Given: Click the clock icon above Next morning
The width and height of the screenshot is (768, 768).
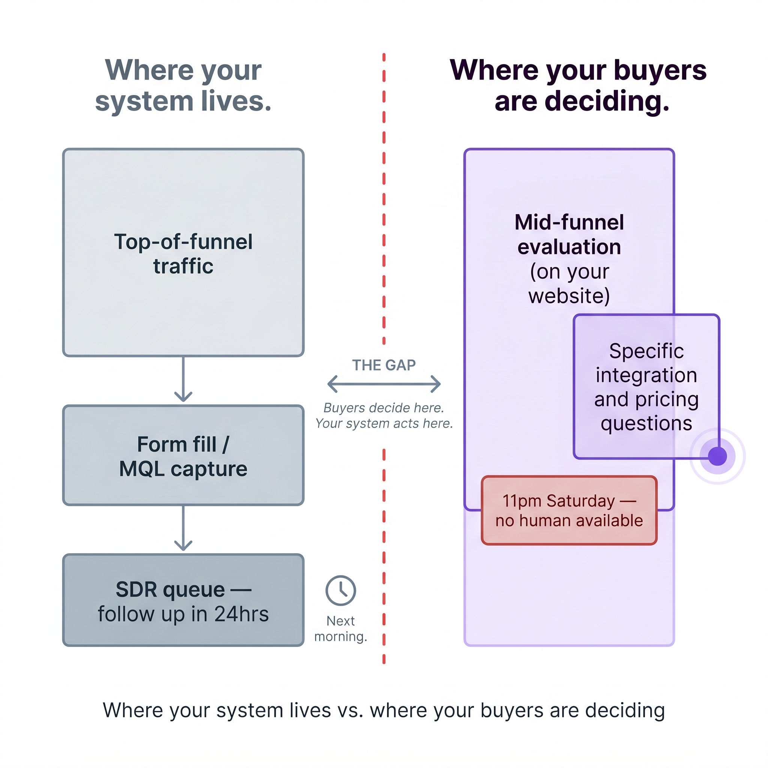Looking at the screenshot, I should (340, 590).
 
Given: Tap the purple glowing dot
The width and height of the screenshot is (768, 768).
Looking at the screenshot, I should (717, 456).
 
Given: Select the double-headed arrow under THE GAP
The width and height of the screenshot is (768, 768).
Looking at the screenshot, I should (384, 384).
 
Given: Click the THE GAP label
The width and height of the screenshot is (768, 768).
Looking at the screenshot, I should (384, 365).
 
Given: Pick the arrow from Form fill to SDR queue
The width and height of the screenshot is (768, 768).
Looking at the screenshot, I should (183, 528).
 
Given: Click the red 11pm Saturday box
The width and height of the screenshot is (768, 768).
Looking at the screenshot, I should (569, 510).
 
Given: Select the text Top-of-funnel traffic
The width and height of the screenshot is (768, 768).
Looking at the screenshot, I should (183, 253).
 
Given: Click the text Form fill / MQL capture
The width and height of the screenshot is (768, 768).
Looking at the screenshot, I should (183, 456).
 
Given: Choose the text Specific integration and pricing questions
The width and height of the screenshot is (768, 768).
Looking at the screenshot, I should (646, 387).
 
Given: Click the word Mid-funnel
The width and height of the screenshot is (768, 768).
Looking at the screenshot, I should (569, 222).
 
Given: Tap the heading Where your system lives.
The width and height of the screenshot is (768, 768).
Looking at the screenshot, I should (183, 85).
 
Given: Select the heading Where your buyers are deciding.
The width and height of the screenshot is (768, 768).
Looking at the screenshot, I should (578, 85).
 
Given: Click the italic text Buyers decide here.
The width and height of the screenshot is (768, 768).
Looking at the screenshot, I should (384, 408).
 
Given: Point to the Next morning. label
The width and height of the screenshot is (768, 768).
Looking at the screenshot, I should (340, 628).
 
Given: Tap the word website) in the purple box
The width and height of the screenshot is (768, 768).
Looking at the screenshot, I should (569, 296).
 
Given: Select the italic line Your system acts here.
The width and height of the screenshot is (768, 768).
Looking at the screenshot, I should (384, 424).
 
